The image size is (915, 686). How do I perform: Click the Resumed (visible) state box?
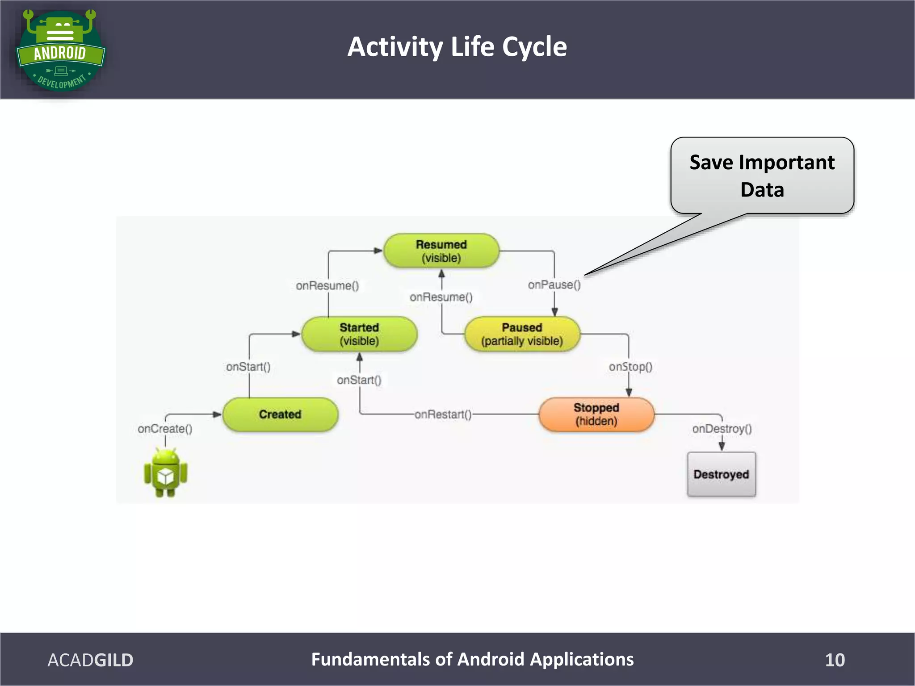tap(441, 251)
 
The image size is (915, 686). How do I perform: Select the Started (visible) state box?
tap(359, 334)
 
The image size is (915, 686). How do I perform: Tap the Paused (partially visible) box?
tap(522, 334)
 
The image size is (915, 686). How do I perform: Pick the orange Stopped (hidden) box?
tap(596, 414)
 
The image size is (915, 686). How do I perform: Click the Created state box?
tap(280, 414)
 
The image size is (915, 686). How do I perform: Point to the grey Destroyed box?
tap(721, 474)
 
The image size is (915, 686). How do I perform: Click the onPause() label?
tap(554, 285)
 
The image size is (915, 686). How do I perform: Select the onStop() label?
tap(630, 367)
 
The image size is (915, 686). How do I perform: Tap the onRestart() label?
tap(443, 414)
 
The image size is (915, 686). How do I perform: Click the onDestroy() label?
tap(722, 429)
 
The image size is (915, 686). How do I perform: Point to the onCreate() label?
tap(165, 429)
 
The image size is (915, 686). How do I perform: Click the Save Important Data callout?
tap(762, 176)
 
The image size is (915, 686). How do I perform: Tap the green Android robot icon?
tap(165, 473)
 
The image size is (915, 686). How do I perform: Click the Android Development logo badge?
tap(60, 50)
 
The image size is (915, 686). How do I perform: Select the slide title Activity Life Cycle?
tap(457, 47)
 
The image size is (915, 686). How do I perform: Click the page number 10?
tap(835, 660)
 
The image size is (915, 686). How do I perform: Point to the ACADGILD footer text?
tap(90, 660)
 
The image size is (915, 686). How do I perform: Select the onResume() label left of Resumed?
tap(327, 286)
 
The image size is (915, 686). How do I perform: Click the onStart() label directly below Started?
tap(359, 380)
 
